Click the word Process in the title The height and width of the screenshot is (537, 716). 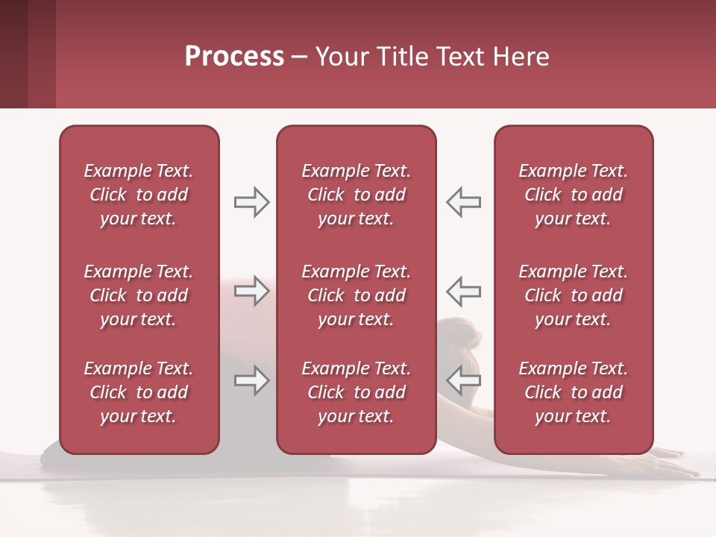tap(234, 57)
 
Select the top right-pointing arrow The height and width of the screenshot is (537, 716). tap(251, 202)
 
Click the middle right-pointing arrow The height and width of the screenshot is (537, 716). tap(251, 290)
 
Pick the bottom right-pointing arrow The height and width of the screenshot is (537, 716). tap(251, 380)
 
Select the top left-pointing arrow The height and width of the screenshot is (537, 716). tap(464, 202)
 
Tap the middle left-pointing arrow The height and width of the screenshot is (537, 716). tap(464, 290)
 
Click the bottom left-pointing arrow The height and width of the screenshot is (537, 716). tap(464, 380)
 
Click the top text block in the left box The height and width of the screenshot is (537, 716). tap(139, 195)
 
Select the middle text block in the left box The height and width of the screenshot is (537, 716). tap(139, 295)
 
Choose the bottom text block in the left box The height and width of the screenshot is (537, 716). tap(139, 392)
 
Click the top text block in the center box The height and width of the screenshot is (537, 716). tap(356, 195)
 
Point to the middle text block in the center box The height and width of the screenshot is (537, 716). tap(356, 295)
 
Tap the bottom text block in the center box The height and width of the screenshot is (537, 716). tap(356, 392)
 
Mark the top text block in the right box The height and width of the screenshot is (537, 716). tap(573, 195)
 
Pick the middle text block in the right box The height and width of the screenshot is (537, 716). tap(573, 295)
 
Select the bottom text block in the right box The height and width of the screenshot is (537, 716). tap(573, 392)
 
